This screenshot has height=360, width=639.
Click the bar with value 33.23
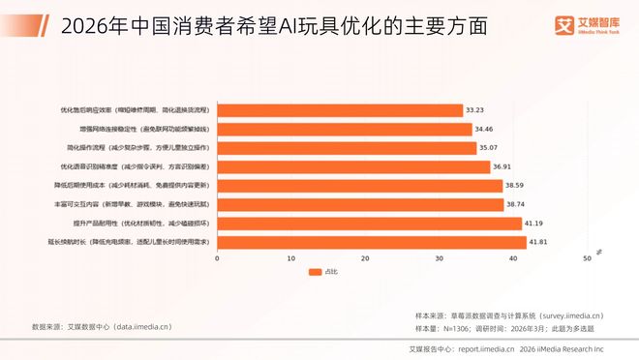[x=339, y=110]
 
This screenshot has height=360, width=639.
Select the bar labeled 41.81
[x=371, y=242]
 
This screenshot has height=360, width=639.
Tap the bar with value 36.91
[x=352, y=166]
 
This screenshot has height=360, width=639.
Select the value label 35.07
[x=490, y=148]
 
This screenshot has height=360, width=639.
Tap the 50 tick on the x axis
[x=586, y=258]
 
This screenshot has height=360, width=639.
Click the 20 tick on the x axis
[x=365, y=258]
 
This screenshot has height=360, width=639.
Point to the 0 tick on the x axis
[x=217, y=258]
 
